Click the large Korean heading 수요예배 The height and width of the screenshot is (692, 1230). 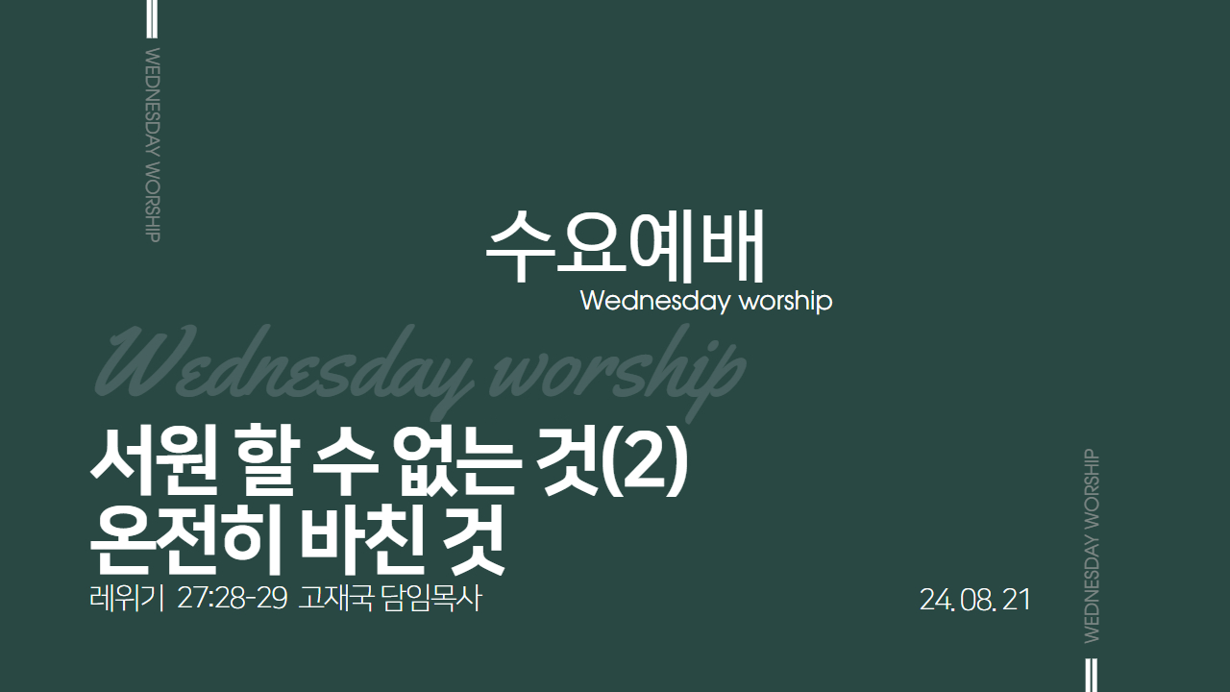coord(625,245)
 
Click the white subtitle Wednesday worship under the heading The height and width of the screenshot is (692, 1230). coord(706,302)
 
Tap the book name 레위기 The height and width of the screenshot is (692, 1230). coord(127,599)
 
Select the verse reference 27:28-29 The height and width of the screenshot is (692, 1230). coord(233,599)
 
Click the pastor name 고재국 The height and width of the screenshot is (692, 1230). coord(335,599)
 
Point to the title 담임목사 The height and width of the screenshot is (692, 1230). coord(431,599)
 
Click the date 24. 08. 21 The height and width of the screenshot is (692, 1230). coord(974,600)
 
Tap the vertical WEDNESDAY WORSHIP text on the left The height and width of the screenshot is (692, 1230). coord(153,145)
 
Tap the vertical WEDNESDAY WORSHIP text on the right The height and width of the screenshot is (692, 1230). coord(1093,546)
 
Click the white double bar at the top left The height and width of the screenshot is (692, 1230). coord(152,18)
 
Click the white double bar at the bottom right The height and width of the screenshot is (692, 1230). coord(1093,675)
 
